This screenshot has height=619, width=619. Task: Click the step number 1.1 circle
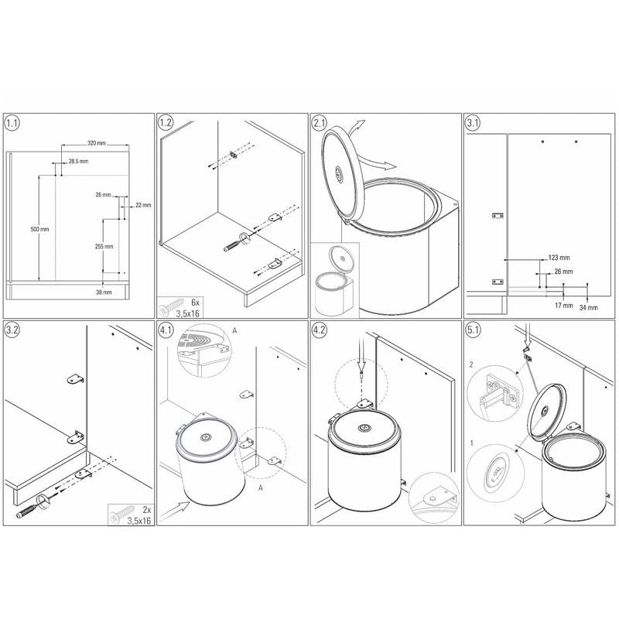pos(12,123)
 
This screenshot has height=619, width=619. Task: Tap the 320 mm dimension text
pos(96,143)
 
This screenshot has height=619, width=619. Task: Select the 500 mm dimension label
pos(40,229)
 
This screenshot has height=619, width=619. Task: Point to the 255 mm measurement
pos(104,246)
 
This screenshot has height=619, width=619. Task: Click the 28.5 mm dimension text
pos(79,161)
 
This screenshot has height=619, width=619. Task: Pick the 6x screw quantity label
pos(196,303)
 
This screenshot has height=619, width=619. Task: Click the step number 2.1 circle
pos(319,123)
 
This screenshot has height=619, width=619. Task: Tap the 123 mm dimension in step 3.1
pos(559,258)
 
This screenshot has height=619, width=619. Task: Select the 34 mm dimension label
pos(588,307)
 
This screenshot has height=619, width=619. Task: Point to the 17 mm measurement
pos(563,305)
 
